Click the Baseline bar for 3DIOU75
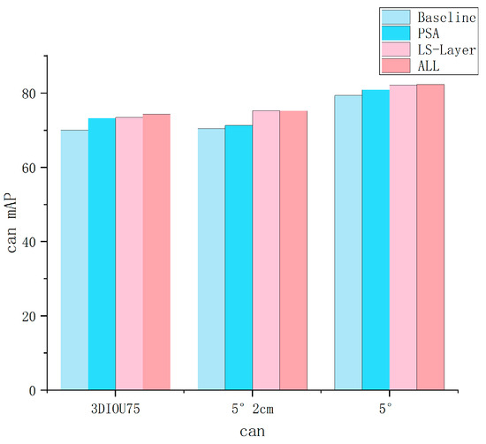coord(74,260)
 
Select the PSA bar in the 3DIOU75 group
coord(102,254)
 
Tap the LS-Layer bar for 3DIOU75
coord(129,253)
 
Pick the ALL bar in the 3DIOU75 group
coord(156,252)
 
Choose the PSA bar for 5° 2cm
coord(239,258)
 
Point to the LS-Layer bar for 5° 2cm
coord(266,251)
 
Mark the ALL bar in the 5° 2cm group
coord(293,251)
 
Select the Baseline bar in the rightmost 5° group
coord(348,243)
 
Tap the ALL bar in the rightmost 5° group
coord(430,237)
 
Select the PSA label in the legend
coord(428,34)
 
